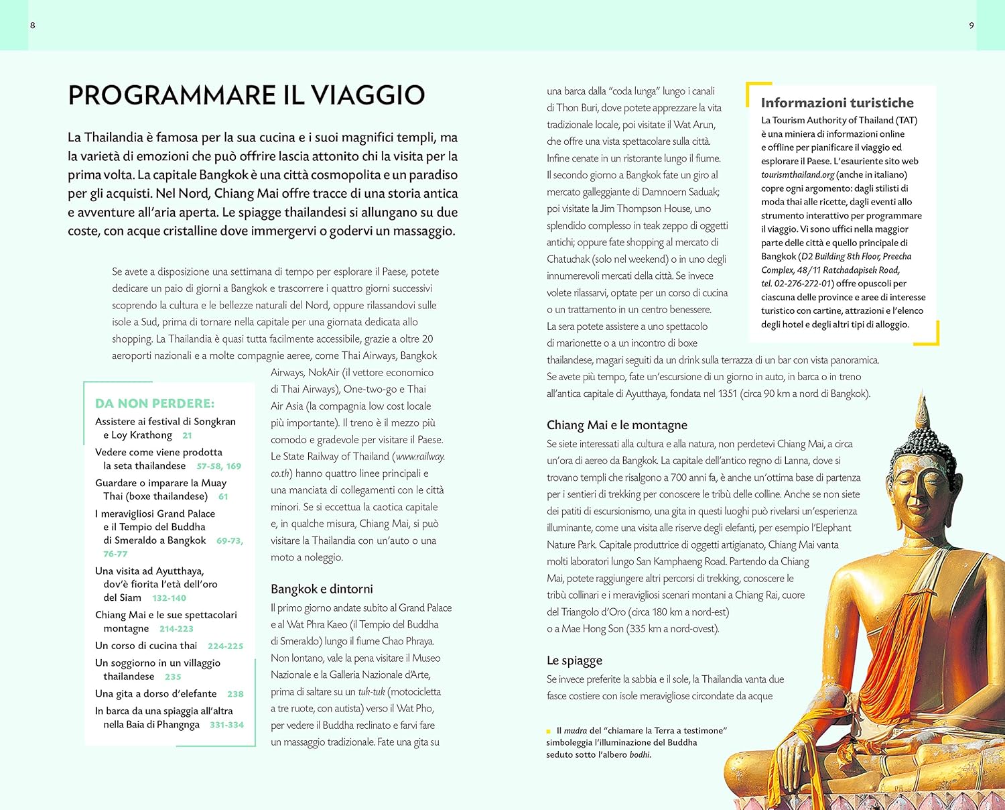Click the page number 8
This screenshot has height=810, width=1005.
point(33,25)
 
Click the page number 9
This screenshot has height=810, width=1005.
point(972,25)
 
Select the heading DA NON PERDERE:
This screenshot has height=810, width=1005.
point(155,403)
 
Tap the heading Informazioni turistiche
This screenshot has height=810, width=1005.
point(837,103)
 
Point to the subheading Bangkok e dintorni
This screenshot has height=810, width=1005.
point(322,589)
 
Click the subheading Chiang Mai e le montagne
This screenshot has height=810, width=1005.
point(616,425)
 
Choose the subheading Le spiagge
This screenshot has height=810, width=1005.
point(574,660)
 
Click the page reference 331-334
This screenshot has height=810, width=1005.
point(226,725)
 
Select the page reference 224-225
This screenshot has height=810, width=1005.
point(225,646)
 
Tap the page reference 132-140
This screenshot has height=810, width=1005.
point(169,598)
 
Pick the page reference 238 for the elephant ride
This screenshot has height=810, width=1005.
point(235,694)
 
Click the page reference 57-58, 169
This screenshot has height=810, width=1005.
point(218,466)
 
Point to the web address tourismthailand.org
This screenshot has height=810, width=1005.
point(797,175)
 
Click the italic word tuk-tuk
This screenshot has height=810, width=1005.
point(371,692)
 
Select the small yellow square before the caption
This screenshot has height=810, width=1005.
point(549,731)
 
